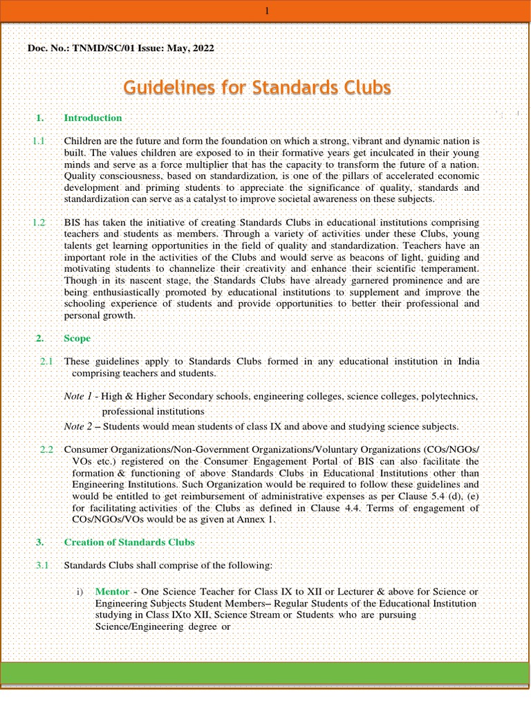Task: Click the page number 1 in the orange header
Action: (x=266, y=10)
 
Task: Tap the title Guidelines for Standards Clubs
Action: (x=257, y=88)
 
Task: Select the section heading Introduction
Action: (x=93, y=118)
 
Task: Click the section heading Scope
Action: (x=77, y=339)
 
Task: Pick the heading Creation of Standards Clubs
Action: (x=129, y=542)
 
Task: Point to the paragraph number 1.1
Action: (x=39, y=140)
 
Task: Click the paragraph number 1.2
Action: (x=39, y=223)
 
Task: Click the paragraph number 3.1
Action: (x=42, y=566)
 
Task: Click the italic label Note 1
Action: (x=79, y=397)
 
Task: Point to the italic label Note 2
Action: (x=79, y=427)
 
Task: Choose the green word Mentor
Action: (x=111, y=593)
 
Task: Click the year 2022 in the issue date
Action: (x=201, y=48)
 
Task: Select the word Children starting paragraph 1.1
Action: (x=85, y=140)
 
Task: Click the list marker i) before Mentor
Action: (x=81, y=593)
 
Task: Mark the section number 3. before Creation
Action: (x=40, y=542)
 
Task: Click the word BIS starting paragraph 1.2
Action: (x=73, y=223)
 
